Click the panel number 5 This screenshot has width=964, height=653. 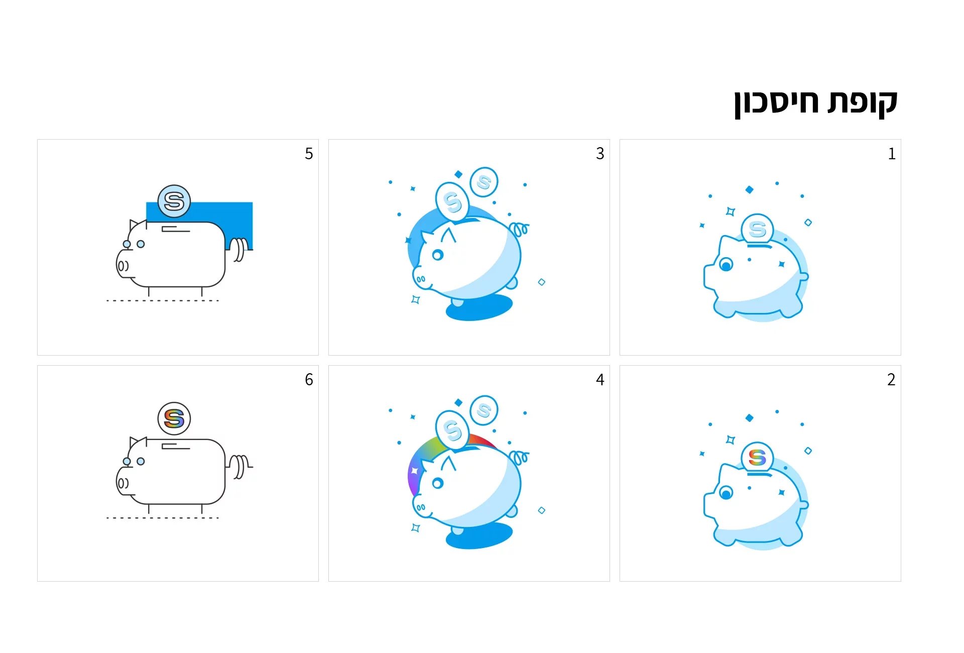pyautogui.click(x=309, y=154)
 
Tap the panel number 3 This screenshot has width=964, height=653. pyautogui.click(x=600, y=154)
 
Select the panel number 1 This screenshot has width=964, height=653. pyautogui.click(x=892, y=154)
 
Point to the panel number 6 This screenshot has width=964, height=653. pyautogui.click(x=309, y=380)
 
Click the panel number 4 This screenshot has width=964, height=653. pyautogui.click(x=600, y=380)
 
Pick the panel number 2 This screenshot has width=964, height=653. pyautogui.click(x=891, y=380)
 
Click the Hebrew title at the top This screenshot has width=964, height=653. pyautogui.click(x=815, y=103)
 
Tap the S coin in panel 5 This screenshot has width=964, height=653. pyautogui.click(x=174, y=201)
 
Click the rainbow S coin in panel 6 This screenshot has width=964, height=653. pyautogui.click(x=174, y=418)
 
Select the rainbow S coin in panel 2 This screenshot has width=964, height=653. pyautogui.click(x=757, y=458)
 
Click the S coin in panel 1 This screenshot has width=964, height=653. pyautogui.click(x=757, y=230)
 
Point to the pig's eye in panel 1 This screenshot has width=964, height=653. pyautogui.click(x=726, y=264)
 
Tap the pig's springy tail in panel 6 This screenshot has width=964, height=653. pyautogui.click(x=240, y=466)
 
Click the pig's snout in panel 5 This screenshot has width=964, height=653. pyautogui.click(x=123, y=265)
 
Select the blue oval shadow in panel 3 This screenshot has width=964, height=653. pyautogui.click(x=479, y=307)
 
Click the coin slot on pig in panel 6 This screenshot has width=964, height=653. pyautogui.click(x=176, y=446)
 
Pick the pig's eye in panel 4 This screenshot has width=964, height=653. pyautogui.click(x=438, y=483)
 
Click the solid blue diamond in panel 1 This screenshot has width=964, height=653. pyautogui.click(x=750, y=189)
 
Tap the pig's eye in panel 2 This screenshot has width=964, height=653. pyautogui.click(x=726, y=492)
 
